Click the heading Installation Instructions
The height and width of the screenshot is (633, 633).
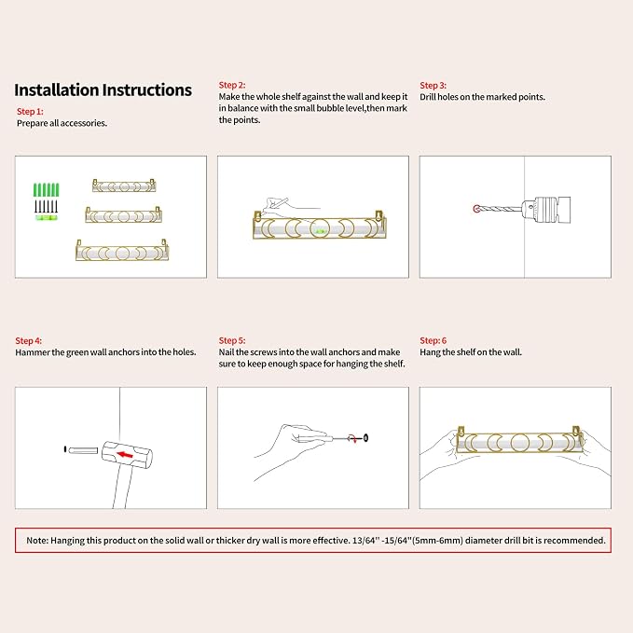[x=103, y=90]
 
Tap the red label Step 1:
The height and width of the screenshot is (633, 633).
[x=30, y=112]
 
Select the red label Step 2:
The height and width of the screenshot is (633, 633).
[x=232, y=85]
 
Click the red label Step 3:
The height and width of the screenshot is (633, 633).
[x=433, y=86]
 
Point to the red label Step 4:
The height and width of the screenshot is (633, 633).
[x=28, y=340]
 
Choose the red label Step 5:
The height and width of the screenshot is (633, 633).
[x=232, y=340]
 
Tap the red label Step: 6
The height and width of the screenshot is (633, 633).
[x=433, y=340]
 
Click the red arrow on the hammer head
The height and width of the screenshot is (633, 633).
[x=125, y=455]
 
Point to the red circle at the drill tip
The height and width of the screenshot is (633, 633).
[x=476, y=209]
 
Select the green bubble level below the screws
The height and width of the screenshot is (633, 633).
[x=46, y=218]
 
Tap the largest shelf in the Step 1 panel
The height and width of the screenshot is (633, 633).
[x=122, y=251]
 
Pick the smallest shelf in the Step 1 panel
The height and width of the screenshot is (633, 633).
[x=124, y=186]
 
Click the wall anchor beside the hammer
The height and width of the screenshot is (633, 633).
[x=83, y=450]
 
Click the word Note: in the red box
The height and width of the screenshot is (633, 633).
[x=36, y=541]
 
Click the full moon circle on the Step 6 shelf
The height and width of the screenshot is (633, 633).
[x=519, y=443]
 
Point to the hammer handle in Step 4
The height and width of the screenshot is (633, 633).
[x=122, y=488]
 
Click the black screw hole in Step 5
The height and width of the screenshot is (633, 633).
[x=365, y=438]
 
